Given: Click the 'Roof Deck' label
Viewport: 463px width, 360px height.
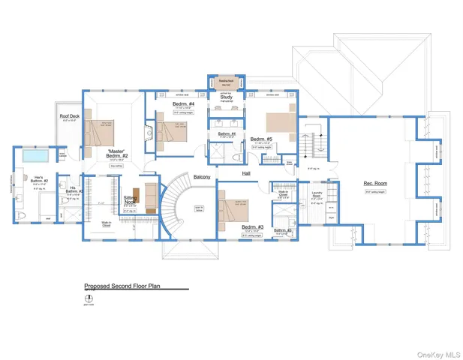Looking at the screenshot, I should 71,116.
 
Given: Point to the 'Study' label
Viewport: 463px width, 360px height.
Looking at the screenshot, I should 226,97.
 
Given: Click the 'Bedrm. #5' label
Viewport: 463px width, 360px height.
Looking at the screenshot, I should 260,139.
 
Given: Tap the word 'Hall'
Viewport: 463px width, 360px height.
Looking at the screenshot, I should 246,173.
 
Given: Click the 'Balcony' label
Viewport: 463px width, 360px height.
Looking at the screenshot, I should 202,177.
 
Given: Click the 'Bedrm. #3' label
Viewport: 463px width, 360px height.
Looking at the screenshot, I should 252,226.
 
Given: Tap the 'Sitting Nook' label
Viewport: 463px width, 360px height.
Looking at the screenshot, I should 129,200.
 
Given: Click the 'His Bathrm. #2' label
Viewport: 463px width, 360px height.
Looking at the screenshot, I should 73,190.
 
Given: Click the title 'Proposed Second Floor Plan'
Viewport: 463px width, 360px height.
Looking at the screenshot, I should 122,286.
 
